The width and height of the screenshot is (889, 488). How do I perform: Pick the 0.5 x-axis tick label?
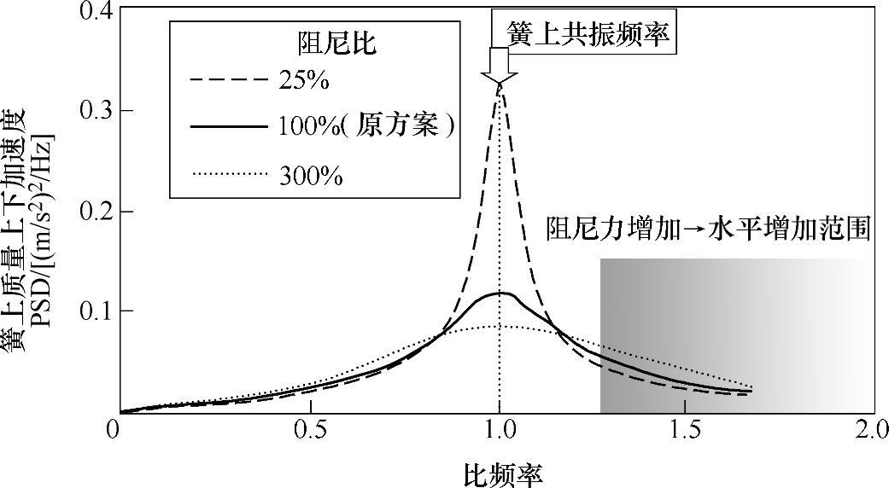point(310,428)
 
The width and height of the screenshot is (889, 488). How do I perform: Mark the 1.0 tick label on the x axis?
point(499,428)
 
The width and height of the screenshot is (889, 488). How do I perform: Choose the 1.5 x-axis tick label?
point(687,428)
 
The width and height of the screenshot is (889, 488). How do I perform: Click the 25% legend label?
point(303,83)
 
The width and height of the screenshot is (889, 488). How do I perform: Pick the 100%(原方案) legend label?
point(365,125)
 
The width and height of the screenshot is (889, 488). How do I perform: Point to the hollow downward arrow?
point(498,66)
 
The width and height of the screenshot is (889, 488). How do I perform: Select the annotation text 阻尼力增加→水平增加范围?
point(708,229)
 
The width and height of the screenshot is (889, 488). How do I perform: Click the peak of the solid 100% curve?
point(503,293)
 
